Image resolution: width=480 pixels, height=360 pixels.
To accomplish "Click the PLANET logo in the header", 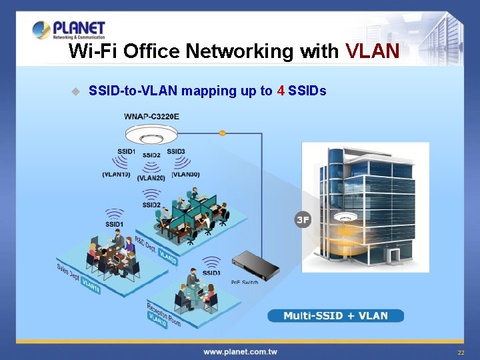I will point(69,30).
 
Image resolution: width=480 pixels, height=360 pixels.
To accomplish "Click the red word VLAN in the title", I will point(372,51).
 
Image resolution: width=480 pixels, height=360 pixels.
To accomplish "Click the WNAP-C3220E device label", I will point(151,117).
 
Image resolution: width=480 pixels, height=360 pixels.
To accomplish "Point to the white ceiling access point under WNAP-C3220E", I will point(151,137).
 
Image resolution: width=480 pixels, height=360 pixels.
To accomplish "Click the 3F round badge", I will point(303,219).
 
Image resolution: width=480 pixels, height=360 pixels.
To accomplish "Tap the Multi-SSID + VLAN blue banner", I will point(335,315).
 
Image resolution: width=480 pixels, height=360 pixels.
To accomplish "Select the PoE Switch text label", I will point(245,283).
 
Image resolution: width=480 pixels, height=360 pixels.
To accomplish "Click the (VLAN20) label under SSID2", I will point(151,178).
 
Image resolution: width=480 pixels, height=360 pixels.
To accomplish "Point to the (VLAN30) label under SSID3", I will point(185,175).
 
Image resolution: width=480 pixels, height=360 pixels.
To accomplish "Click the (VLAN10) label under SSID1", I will point(116,175).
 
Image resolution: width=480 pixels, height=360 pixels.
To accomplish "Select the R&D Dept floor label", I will point(147,245).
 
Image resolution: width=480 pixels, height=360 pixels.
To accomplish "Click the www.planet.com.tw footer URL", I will point(240,351).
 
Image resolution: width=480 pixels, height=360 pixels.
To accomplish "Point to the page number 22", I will point(460,352).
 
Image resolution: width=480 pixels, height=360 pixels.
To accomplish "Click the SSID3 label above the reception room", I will point(211,273).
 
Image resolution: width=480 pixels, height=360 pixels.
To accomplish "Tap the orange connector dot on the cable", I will point(223,133).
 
